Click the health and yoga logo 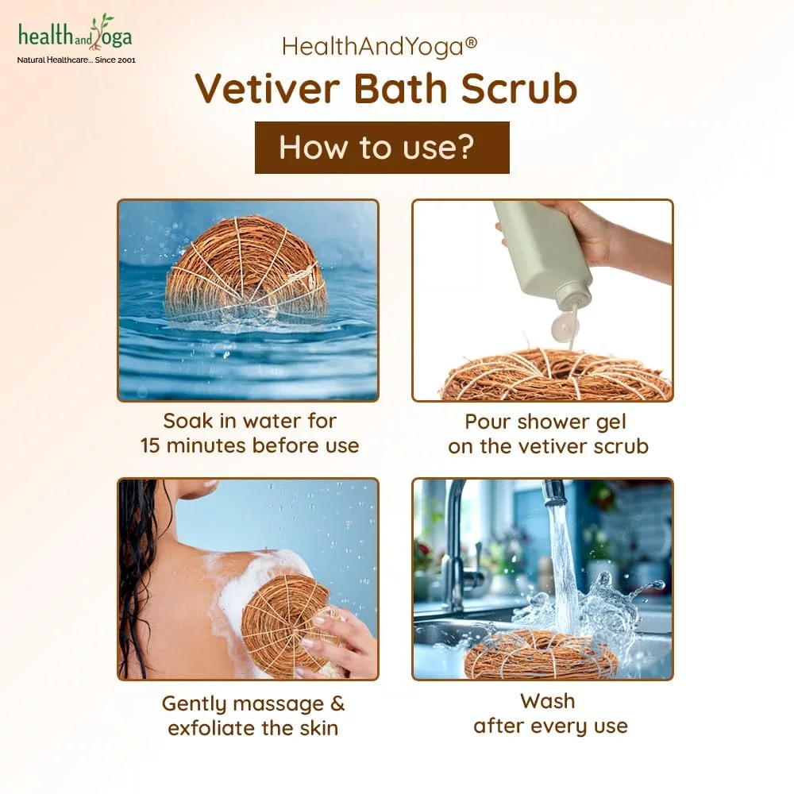point(76,38)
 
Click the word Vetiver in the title point(267,89)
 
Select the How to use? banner point(382,148)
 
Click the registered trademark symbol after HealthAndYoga point(470,43)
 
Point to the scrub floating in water point(247,271)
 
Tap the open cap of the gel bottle point(565,326)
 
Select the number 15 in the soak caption point(150,445)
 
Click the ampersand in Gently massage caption point(337,703)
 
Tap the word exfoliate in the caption point(212,728)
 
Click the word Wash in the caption point(547,701)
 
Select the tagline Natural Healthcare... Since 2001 point(76,60)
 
